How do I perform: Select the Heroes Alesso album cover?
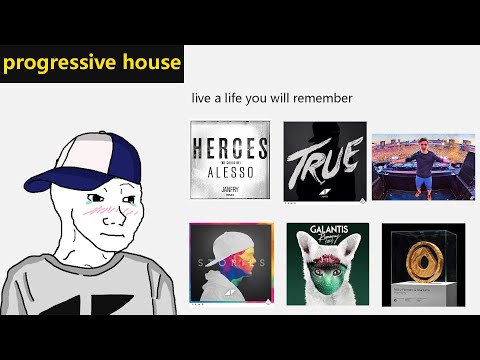[230, 161]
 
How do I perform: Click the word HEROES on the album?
[230, 149]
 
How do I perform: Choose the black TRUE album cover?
[324, 161]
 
